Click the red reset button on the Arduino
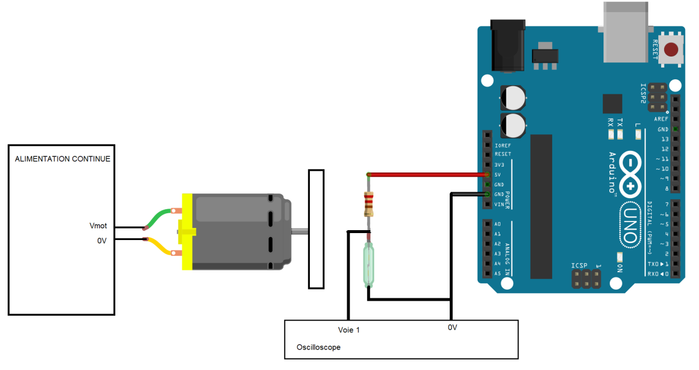coord(671,50)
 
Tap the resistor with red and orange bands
coord(369,205)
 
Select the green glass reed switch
coord(369,265)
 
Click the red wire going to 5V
coord(427,175)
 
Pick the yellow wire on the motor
coord(160,246)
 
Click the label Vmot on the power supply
coord(98,225)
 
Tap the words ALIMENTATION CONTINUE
coord(62,159)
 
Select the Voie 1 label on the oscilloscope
coord(349,330)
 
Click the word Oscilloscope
coord(318,347)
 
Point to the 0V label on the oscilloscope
coord(453,327)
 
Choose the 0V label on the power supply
coord(102,241)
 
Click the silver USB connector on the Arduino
coord(626,32)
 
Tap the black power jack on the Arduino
coord(508,45)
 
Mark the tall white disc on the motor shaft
coord(316,229)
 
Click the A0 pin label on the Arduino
coord(497,224)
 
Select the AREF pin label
coord(661,119)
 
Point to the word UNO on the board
coord(630,225)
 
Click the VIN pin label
coord(499,205)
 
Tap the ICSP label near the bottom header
coord(579,265)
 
